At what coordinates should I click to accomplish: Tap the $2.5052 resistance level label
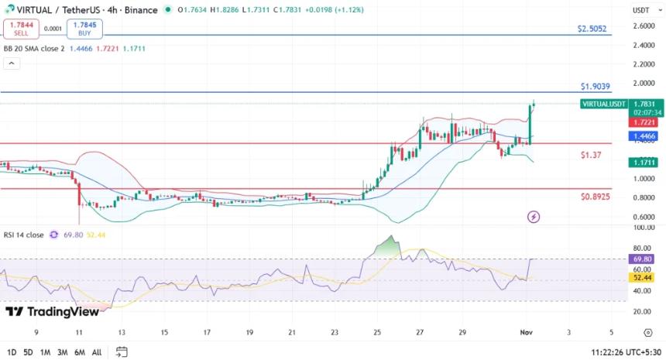[x=593, y=29]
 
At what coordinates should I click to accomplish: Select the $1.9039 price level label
[x=595, y=87]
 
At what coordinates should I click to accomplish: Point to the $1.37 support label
[x=591, y=156]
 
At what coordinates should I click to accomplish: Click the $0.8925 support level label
[x=595, y=197]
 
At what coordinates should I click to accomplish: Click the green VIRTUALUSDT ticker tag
[x=604, y=104]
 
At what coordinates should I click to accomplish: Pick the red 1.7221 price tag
[x=644, y=122]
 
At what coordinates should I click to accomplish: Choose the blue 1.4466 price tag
[x=644, y=135]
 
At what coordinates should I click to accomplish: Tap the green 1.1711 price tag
[x=644, y=163]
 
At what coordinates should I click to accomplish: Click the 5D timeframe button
[x=28, y=352]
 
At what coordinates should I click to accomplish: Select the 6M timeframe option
[x=79, y=352]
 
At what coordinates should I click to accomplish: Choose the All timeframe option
[x=96, y=352]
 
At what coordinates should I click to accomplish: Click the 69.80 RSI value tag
[x=644, y=259]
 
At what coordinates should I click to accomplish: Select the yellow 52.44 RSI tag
[x=644, y=277]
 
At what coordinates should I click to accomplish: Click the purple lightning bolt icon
[x=533, y=217]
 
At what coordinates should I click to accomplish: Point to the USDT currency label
[x=641, y=10]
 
